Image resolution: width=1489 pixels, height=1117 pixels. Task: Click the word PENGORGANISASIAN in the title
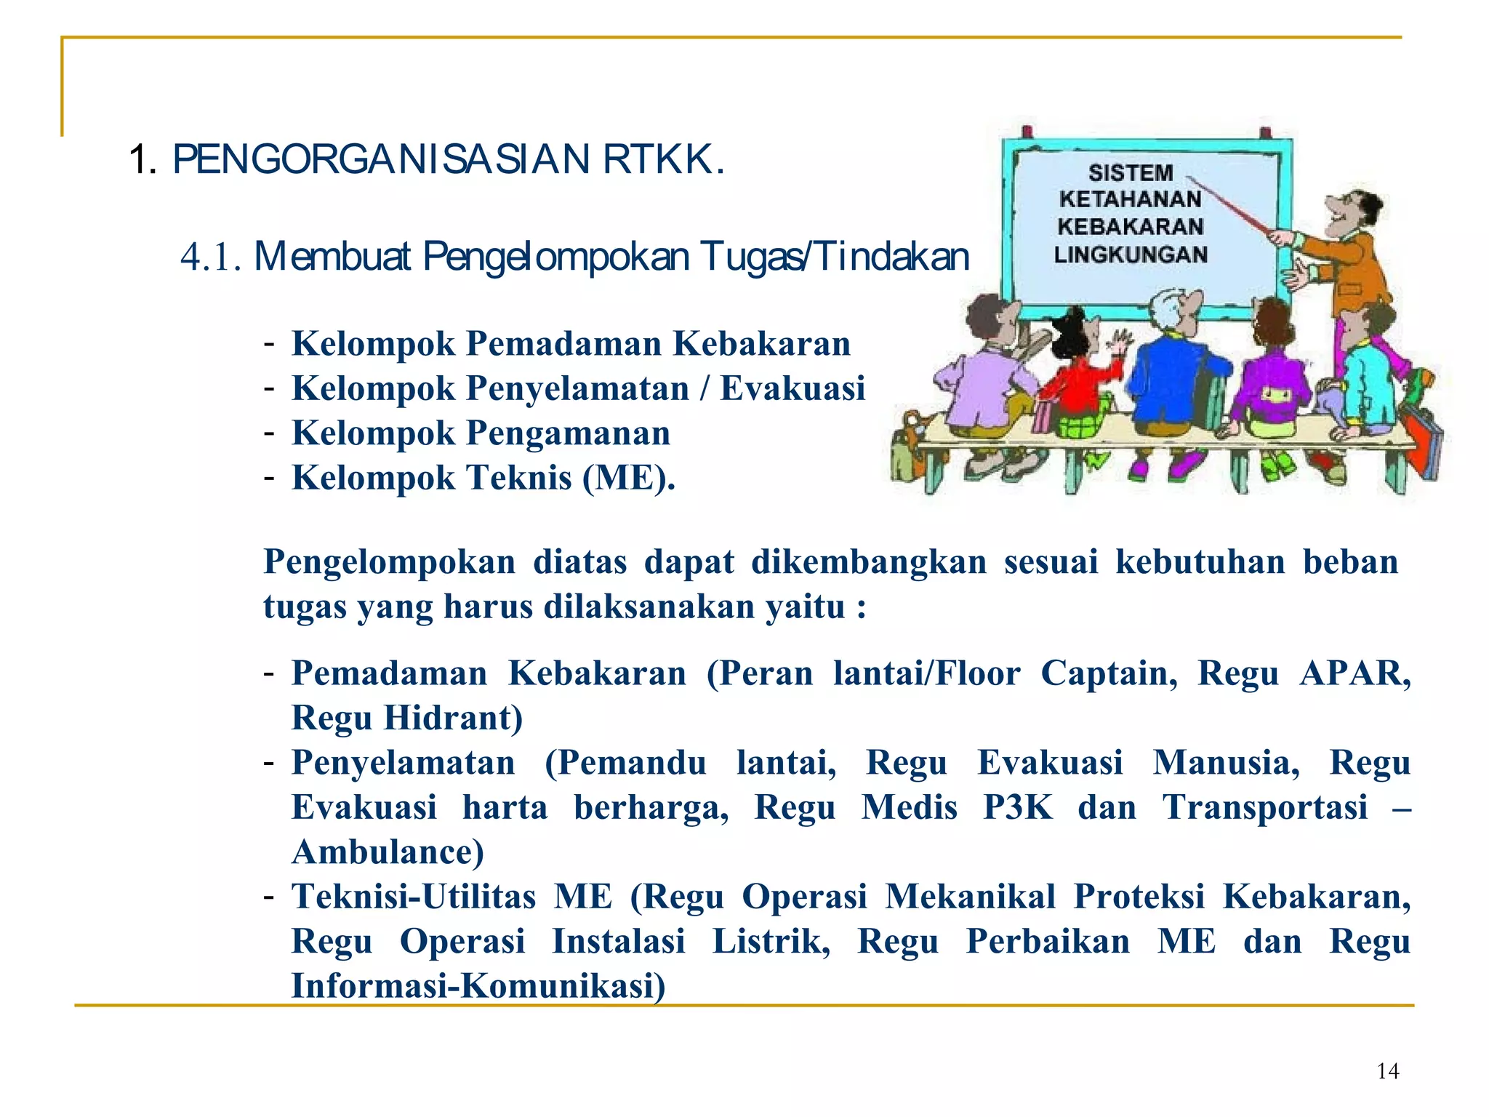coord(380,159)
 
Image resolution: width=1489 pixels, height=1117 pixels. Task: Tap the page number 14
coord(1387,1071)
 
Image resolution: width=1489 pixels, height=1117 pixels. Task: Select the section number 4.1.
coord(211,257)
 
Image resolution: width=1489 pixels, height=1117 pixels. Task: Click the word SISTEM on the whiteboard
coord(1131,172)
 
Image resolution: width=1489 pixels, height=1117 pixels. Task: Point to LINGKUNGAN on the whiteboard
coord(1131,255)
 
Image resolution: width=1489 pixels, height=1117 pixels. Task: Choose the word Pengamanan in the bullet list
coord(568,433)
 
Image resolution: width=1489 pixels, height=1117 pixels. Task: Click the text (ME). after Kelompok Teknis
coord(629,478)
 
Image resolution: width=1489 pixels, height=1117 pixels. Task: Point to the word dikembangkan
coord(869,562)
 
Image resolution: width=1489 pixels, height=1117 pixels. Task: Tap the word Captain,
coord(1109,673)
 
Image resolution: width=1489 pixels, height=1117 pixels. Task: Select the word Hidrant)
coord(453,718)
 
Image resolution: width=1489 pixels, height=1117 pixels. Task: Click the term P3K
coord(1017,807)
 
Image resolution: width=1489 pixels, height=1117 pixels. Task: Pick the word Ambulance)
coord(388,852)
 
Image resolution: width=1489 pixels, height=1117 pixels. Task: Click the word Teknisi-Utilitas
coord(413,897)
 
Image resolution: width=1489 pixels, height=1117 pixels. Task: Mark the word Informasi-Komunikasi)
coord(478,986)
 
